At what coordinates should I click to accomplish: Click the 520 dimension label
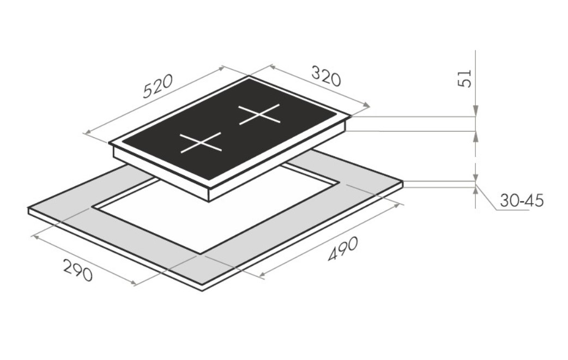[x=158, y=87]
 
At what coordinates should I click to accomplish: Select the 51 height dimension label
[x=465, y=78]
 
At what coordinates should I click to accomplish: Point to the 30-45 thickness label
[x=522, y=200]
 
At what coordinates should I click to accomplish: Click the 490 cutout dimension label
[x=343, y=248]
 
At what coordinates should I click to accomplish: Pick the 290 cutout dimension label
[x=78, y=270]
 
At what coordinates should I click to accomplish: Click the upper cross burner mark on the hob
[x=259, y=114]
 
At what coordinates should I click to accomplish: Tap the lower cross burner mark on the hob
[x=201, y=142]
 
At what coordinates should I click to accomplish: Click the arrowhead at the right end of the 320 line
[x=367, y=105]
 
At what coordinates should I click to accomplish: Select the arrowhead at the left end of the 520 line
[x=87, y=132]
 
